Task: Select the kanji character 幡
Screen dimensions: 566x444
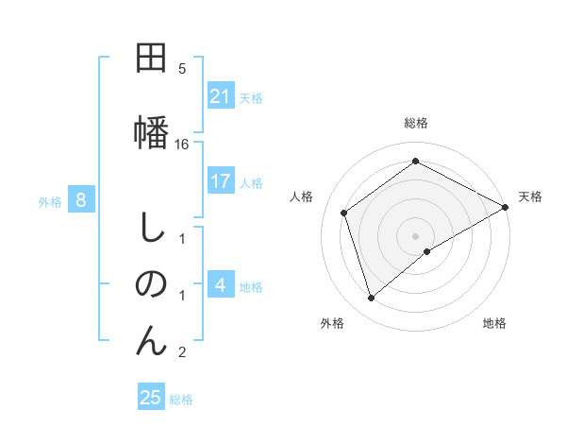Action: (x=151, y=129)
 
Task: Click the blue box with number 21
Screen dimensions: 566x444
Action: (x=221, y=96)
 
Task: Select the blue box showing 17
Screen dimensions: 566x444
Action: (x=221, y=181)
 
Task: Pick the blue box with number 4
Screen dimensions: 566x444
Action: (x=221, y=285)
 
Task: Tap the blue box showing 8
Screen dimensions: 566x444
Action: (x=82, y=200)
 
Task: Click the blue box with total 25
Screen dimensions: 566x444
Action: (x=151, y=398)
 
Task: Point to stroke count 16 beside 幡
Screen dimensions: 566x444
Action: (x=182, y=144)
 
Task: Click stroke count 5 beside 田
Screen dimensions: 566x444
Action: (x=182, y=68)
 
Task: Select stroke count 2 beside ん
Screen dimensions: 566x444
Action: (x=182, y=352)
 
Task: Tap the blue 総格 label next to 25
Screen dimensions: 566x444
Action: (x=181, y=400)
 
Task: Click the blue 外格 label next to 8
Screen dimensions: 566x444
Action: (x=50, y=201)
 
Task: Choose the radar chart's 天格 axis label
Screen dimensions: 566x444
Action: (x=530, y=196)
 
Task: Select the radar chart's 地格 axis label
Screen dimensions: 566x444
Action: (x=494, y=323)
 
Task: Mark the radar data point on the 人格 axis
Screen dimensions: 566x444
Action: (x=344, y=213)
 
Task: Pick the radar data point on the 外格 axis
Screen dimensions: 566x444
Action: (x=372, y=299)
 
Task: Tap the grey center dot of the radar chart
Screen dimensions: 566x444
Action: (x=415, y=235)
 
